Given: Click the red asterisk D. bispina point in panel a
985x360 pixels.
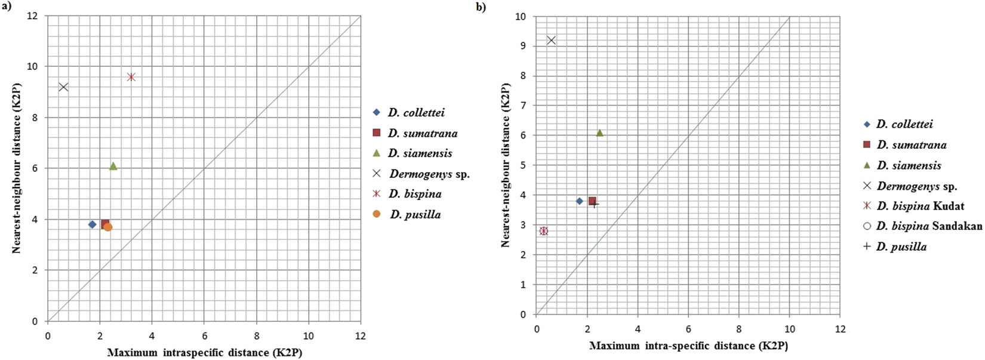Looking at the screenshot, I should tap(131, 77).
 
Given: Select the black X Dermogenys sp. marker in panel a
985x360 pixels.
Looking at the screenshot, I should tap(63, 87).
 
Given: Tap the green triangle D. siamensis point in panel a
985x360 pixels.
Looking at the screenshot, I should tap(113, 166).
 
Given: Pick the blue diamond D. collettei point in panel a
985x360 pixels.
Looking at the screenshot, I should tap(92, 224).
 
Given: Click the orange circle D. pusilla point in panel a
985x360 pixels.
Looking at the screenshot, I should tap(109, 227).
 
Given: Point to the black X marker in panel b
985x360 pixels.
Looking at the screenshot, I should tap(551, 41).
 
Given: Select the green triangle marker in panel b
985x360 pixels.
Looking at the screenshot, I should tap(599, 133).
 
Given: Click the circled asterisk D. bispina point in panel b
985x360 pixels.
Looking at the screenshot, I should tap(544, 231).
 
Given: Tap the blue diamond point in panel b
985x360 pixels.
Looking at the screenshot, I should tap(579, 201).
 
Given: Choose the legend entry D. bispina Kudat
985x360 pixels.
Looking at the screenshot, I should tap(919, 206).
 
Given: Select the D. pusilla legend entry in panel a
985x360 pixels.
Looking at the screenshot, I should tap(415, 214).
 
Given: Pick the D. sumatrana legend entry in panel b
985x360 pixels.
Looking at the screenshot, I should tap(911, 144).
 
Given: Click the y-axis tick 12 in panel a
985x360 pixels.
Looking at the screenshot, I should tap(33, 16).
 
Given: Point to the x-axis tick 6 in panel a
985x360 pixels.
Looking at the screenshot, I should tap(204, 336).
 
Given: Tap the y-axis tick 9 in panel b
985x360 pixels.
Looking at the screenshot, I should tap(523, 46).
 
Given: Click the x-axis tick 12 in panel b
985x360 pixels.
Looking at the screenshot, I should tap(840, 329).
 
